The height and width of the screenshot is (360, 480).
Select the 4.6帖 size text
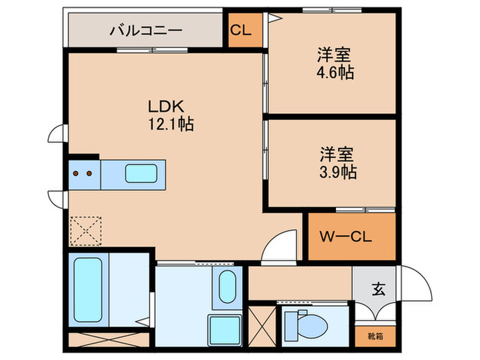pyautogui.click(x=335, y=72)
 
